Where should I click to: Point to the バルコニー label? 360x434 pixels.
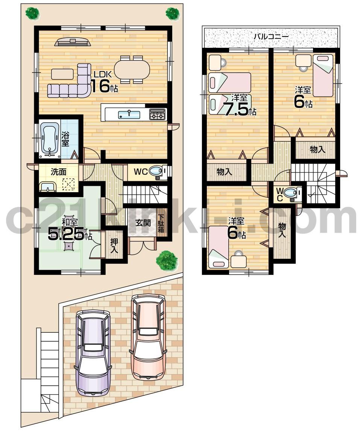coord(270,36)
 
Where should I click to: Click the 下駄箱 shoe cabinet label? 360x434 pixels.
coord(161,223)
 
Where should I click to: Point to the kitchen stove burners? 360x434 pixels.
coord(158,114)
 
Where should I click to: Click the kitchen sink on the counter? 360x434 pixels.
coord(129,114)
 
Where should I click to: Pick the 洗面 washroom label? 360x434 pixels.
coord(58,172)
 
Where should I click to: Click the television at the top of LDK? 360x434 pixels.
coord(73,42)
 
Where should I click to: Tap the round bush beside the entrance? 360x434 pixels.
coord(167,260)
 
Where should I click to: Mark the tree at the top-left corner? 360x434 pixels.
coord(32,14)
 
